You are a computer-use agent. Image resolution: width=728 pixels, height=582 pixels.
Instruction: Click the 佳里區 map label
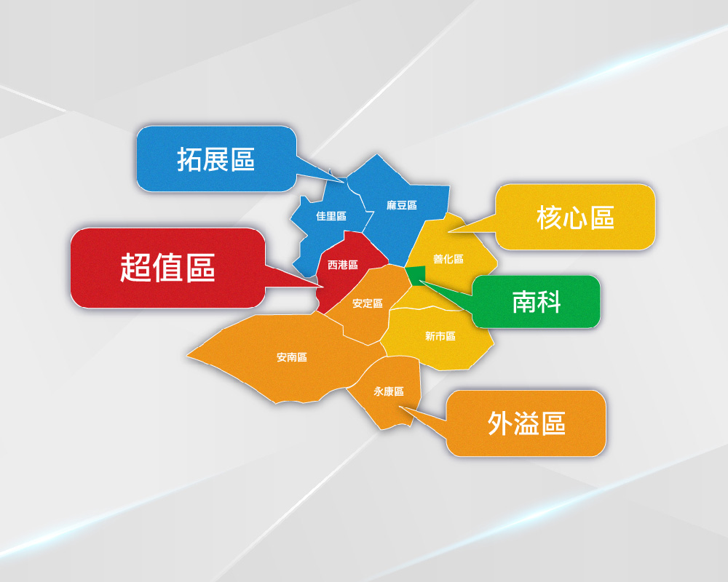pos(331,216)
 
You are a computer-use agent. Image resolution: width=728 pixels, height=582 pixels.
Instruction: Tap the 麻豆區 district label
pos(402,206)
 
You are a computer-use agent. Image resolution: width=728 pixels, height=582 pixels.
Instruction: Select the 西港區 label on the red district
pos(343,265)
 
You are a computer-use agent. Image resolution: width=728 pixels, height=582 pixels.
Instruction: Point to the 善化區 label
pos(448,259)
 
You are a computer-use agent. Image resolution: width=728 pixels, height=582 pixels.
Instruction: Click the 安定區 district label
pos(368,303)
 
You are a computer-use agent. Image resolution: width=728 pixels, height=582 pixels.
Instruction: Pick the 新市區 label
pos(440,336)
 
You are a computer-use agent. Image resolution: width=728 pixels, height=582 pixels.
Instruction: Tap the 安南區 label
pos(292,357)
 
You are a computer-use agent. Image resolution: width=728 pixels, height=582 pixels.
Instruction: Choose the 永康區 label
pos(389,391)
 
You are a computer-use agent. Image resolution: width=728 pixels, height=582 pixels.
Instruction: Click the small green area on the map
pos(416,276)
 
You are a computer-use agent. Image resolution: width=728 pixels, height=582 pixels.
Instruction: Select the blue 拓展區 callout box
pos(216,159)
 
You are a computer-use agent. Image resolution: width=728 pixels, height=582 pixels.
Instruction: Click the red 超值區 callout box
pos(167,268)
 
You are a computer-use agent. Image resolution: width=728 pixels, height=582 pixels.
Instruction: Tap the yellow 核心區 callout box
pos(575,217)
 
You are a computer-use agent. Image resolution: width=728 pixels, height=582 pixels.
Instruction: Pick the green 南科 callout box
pos(537,302)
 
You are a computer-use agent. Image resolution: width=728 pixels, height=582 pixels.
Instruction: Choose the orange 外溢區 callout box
pos(526,423)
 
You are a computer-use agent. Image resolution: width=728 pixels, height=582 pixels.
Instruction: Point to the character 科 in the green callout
pos(549,302)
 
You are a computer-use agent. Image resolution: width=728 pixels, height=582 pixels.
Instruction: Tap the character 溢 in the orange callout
pos(527,423)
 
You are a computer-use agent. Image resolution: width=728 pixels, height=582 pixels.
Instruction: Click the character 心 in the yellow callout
pos(575,217)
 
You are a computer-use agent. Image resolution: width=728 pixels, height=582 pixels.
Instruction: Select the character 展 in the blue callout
pos(216,159)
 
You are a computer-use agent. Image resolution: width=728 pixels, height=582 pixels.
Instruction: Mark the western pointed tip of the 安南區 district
pos(188,356)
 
